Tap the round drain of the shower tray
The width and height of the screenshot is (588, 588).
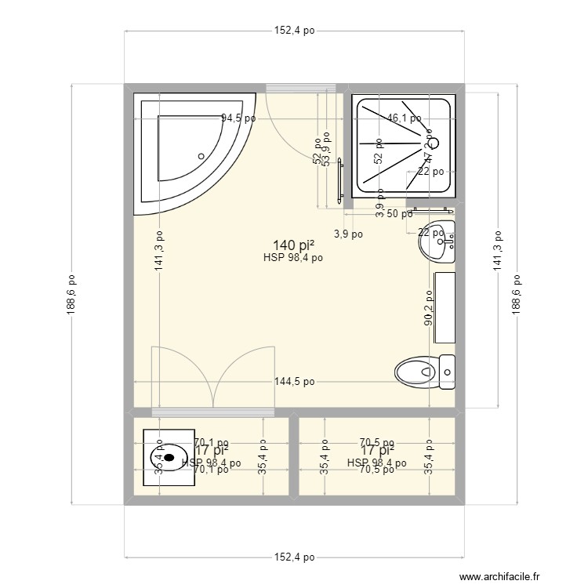tap(434, 143)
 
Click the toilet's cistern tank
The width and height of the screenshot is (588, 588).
tap(447, 372)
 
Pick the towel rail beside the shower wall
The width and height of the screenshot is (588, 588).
tap(340, 182)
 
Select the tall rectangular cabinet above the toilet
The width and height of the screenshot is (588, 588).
tap(445, 307)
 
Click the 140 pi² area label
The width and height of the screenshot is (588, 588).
tap(289, 245)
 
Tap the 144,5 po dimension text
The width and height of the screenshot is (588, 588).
tap(294, 382)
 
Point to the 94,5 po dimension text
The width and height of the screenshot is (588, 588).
tap(238, 119)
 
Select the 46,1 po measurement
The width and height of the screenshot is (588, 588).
tap(404, 119)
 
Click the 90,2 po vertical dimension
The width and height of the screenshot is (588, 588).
tap(429, 309)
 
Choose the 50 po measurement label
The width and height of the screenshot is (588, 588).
tap(401, 214)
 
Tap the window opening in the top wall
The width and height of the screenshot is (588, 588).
tap(302, 87)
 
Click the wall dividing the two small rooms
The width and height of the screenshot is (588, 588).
tap(294, 456)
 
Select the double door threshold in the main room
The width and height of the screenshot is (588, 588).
tap(212, 412)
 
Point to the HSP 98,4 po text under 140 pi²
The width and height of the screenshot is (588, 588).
tap(293, 257)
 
